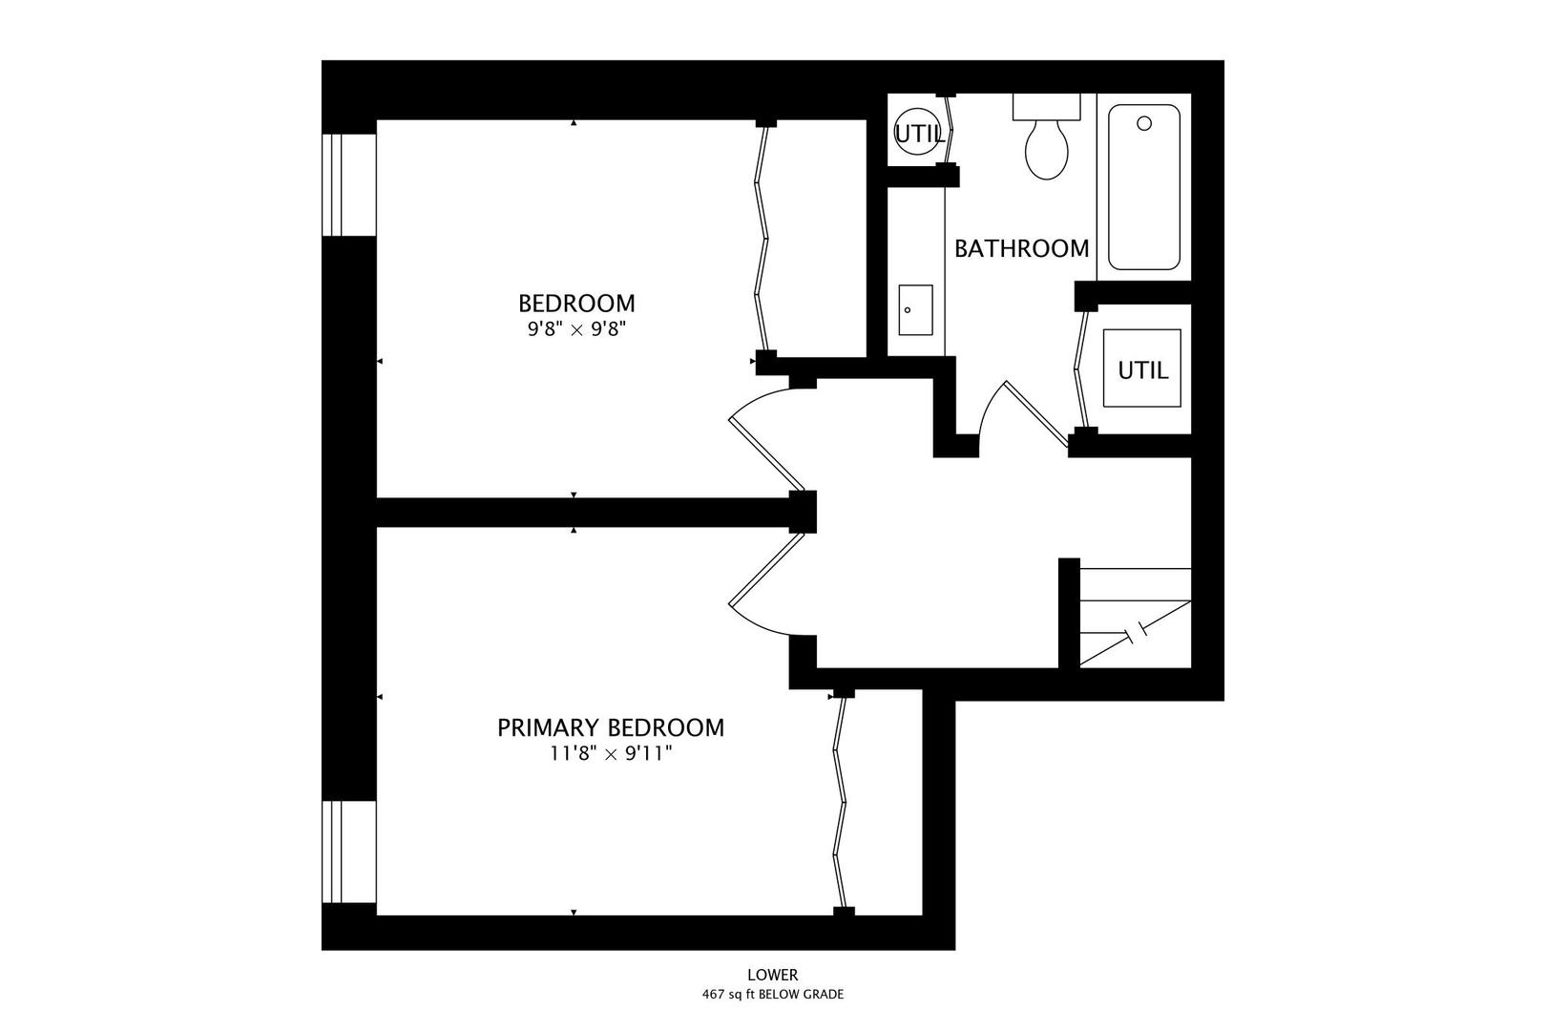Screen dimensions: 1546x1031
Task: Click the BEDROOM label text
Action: coord(576,304)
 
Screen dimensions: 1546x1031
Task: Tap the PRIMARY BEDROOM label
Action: coord(611,727)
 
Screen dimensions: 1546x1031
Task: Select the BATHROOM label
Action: coord(1021,248)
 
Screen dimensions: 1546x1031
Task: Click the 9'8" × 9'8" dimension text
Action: coord(576,329)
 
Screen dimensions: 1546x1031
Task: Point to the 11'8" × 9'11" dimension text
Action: coord(611,753)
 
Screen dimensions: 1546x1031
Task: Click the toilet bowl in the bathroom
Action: coord(1047,150)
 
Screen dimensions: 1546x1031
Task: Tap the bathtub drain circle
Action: coord(1143,123)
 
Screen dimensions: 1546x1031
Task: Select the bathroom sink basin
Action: coord(916,310)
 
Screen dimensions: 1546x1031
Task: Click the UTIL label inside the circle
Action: coord(919,135)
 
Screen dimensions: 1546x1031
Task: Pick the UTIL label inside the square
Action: coord(1143,370)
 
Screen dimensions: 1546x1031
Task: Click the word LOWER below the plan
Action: coord(773,975)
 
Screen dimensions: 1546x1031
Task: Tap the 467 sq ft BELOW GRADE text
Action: coord(773,995)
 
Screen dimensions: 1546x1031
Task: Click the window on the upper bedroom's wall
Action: coord(349,184)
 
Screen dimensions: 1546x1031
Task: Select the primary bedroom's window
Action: coord(349,852)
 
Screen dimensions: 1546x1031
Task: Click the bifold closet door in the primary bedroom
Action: coord(840,803)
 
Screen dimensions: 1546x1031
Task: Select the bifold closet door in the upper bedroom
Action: coord(762,239)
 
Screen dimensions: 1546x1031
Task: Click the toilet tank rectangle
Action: coord(1046,107)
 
